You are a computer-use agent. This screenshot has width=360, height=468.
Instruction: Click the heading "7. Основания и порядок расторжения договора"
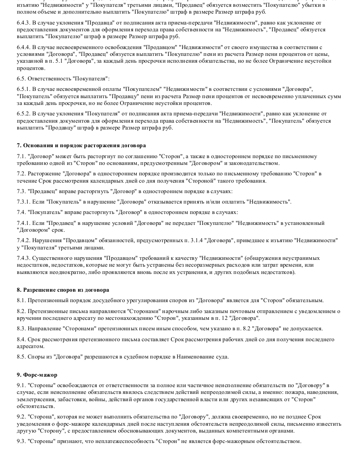[x=81, y=145]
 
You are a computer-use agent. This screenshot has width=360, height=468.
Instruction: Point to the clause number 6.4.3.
[x=23, y=22]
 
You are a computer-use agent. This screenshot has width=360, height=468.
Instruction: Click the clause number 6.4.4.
[x=23, y=48]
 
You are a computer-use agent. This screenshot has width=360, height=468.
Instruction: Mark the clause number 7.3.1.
[x=23, y=202]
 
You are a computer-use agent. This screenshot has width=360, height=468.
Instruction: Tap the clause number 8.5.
[x=20, y=357]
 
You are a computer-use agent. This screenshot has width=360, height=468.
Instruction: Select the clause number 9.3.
[x=20, y=441]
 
